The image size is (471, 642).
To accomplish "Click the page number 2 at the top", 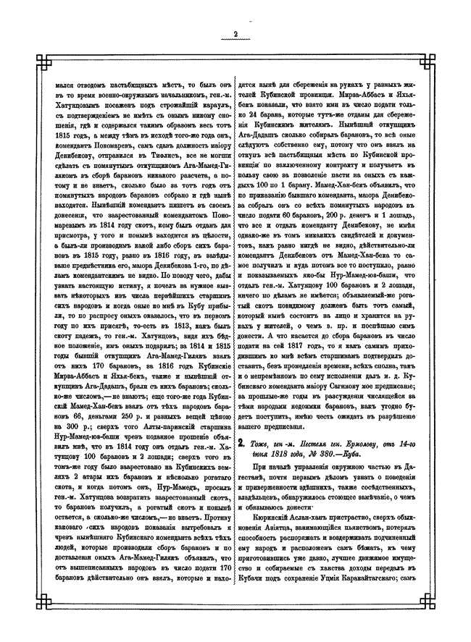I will click(236, 33).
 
